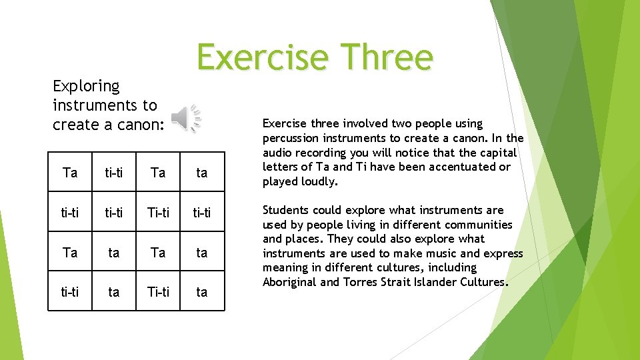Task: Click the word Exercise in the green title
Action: (261, 57)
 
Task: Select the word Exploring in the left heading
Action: (86, 87)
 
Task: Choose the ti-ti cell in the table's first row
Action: (114, 173)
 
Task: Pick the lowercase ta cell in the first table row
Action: (202, 173)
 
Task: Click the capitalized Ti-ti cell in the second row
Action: (158, 212)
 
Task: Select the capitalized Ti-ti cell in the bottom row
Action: (158, 291)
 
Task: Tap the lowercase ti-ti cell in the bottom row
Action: (70, 291)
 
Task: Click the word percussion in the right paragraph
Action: (291, 138)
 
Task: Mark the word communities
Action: (479, 225)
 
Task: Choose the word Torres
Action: (361, 282)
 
